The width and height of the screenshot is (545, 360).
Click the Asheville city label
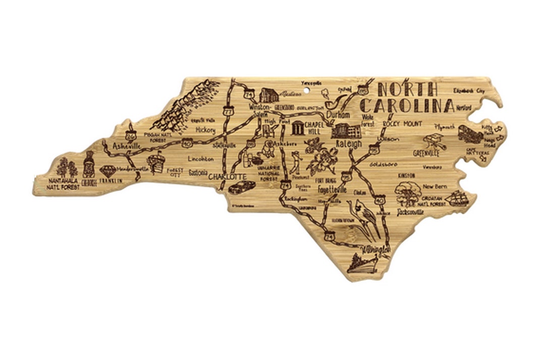click(x=126, y=146)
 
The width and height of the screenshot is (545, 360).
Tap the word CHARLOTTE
click(x=227, y=177)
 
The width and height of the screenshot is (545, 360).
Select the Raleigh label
click(x=348, y=144)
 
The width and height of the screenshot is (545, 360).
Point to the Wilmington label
click(x=375, y=250)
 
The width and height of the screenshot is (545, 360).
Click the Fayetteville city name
click(x=332, y=190)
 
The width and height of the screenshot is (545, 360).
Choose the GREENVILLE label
click(x=426, y=152)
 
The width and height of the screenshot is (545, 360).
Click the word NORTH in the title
click(x=408, y=89)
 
